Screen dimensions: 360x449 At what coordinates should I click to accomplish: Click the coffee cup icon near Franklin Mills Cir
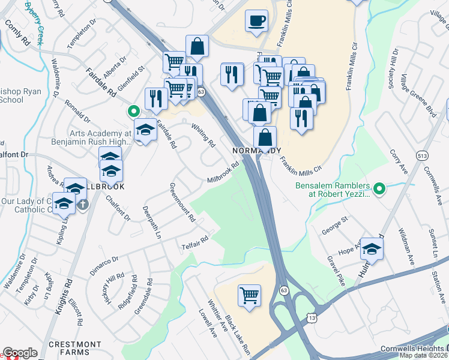click(x=257, y=21)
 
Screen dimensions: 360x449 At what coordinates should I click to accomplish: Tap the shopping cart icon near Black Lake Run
click(x=249, y=295)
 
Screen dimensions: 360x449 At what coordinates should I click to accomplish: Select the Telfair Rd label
click(x=194, y=242)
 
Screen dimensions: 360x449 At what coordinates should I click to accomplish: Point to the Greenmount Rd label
click(x=182, y=203)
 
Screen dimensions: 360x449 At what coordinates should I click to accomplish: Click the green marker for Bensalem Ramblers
click(x=379, y=190)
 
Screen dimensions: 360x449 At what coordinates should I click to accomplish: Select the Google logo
click(x=20, y=353)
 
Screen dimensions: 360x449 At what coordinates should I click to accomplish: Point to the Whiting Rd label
click(x=203, y=135)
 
